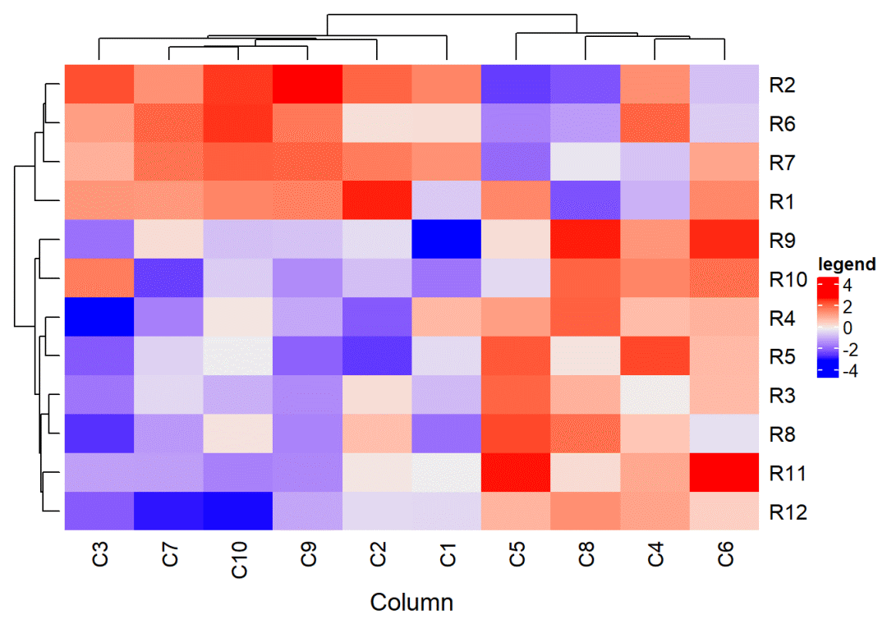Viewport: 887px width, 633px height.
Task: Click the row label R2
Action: pyautogui.click(x=784, y=85)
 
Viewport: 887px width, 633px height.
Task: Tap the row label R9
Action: pyautogui.click(x=784, y=241)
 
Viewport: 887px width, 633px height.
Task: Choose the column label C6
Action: pyautogui.click(x=724, y=553)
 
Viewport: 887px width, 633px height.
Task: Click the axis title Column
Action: pyautogui.click(x=411, y=603)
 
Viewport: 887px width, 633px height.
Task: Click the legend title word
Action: pyautogui.click(x=847, y=264)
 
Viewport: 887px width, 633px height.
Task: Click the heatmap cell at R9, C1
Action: pyautogui.click(x=447, y=241)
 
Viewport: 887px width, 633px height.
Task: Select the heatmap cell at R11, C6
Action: pyautogui.click(x=724, y=474)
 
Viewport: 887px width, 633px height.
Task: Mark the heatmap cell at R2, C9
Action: pyautogui.click(x=308, y=85)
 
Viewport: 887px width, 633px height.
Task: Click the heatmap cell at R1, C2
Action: pyautogui.click(x=378, y=201)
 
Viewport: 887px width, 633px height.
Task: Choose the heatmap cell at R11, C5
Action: pyautogui.click(x=517, y=474)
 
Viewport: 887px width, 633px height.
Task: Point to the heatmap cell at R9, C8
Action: pyautogui.click(x=586, y=241)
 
